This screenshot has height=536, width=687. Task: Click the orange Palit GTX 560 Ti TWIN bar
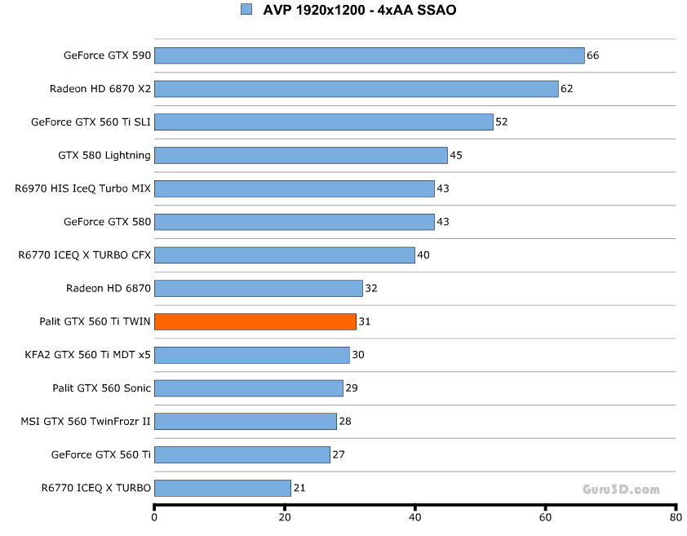pos(255,321)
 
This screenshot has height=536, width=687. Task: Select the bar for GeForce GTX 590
pos(369,55)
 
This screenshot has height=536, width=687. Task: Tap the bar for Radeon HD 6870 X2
pos(356,88)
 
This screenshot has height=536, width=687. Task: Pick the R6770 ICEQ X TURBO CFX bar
pos(284,255)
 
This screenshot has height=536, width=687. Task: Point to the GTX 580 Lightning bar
pos(300,155)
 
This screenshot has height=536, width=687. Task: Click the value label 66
pos(593,55)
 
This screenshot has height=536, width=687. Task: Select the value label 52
pos(502,122)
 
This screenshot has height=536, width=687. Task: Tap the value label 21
pos(299,488)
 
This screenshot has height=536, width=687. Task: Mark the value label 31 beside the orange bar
pos(365,321)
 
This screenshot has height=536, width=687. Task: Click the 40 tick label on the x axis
pos(415,516)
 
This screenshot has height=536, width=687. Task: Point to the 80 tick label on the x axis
pos(675,516)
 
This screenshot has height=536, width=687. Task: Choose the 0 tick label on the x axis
pos(154,516)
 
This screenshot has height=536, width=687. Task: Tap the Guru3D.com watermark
pos(621,489)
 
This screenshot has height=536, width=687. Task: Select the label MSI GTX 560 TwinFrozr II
pos(86,421)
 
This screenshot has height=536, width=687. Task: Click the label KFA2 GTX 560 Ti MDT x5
pos(88,355)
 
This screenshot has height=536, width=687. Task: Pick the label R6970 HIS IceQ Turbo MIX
pos(83,188)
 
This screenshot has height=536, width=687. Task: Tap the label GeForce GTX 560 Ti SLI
pos(91,122)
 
